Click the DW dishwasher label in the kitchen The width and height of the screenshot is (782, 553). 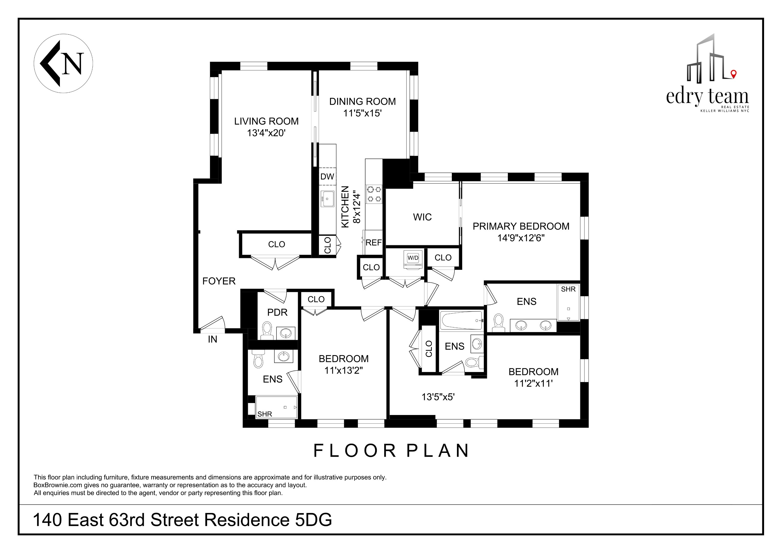pyautogui.click(x=327, y=176)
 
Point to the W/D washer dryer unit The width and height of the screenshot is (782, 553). pyautogui.click(x=413, y=258)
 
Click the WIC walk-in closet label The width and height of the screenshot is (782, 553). pyautogui.click(x=422, y=217)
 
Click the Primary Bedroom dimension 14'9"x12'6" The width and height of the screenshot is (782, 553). pyautogui.click(x=521, y=238)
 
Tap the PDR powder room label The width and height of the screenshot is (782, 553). pyautogui.click(x=277, y=312)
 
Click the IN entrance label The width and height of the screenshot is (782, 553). pyautogui.click(x=212, y=339)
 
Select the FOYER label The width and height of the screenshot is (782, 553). pyautogui.click(x=219, y=281)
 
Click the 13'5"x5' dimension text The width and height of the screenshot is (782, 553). pyautogui.click(x=438, y=397)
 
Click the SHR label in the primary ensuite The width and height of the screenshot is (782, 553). pyautogui.click(x=568, y=289)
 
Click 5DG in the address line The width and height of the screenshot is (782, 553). pyautogui.click(x=313, y=520)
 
